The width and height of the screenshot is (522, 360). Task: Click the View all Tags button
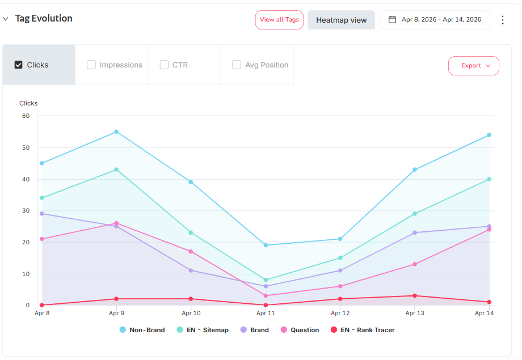(279, 20)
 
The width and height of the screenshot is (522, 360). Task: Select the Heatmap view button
(341, 20)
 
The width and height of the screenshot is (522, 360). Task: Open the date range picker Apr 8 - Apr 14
(435, 20)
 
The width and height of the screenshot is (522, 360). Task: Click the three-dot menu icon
(502, 20)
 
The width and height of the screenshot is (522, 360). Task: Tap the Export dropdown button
(474, 66)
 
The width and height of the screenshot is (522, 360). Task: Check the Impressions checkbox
(91, 65)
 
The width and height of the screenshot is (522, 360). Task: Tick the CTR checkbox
(164, 65)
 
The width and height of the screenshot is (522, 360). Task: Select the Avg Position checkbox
(237, 65)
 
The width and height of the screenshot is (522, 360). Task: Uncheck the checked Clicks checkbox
(19, 65)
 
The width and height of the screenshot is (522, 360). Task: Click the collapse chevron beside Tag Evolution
(6, 19)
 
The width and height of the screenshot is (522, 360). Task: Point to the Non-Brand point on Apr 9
(116, 132)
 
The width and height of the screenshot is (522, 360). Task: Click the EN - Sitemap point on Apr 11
(266, 280)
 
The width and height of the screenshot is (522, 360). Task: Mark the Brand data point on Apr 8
(42, 214)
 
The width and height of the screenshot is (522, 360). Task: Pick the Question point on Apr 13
(415, 264)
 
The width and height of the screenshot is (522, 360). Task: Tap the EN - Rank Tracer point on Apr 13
(415, 296)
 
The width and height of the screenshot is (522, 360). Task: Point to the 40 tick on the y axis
(26, 179)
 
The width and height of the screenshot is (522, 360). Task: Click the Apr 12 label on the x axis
(340, 313)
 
